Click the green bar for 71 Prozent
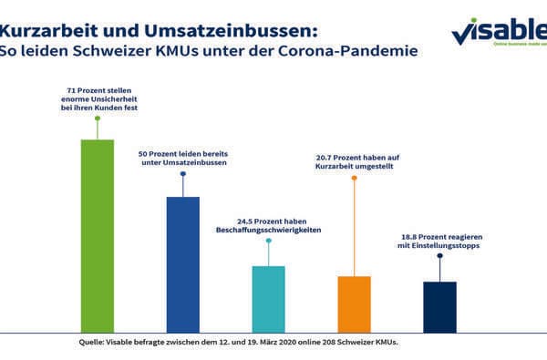point(98,235)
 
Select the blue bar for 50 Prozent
point(182,263)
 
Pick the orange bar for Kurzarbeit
point(354,303)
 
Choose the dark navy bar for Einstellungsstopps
point(439,306)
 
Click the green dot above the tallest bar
point(98,118)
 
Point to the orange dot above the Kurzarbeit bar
point(354,176)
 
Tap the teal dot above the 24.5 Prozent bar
point(268,242)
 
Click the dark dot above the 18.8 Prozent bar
point(439,256)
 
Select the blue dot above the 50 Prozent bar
point(182,174)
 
